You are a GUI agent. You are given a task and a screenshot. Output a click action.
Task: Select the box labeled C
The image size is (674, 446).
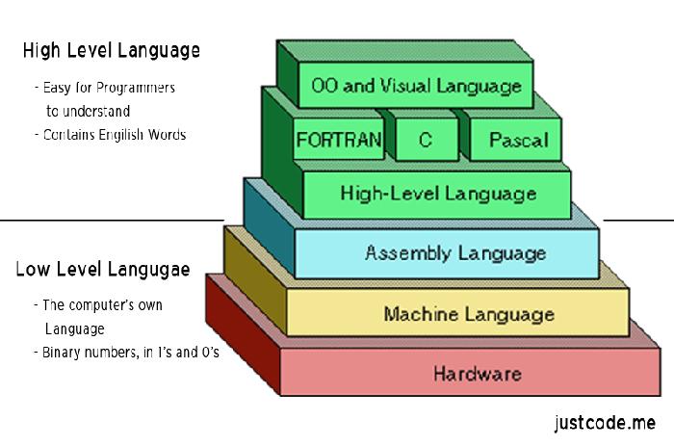(425, 140)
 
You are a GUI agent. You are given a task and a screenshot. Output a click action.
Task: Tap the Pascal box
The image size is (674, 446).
(518, 140)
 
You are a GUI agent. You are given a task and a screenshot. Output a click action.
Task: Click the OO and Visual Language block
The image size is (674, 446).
(417, 86)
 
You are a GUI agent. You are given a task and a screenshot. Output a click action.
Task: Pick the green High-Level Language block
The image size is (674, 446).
(438, 194)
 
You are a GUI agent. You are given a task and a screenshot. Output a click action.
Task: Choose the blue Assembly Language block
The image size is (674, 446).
(455, 253)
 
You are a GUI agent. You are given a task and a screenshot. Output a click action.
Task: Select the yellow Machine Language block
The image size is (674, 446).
(469, 313)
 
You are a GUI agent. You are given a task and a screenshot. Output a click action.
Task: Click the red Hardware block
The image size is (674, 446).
(478, 373)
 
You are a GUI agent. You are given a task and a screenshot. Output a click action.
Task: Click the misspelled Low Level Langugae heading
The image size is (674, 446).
(102, 269)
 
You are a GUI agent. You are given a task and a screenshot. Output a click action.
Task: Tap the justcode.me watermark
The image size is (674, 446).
(605, 422)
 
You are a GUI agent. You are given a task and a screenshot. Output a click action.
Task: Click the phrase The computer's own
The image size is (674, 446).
(101, 305)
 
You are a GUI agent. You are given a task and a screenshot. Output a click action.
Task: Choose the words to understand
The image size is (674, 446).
(88, 111)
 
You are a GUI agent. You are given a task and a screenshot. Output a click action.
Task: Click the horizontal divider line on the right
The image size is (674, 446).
(638, 221)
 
